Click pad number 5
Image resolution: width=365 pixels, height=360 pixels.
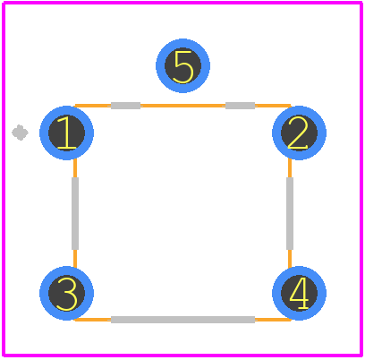click(x=182, y=65)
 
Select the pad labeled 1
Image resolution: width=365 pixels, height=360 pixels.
click(x=66, y=133)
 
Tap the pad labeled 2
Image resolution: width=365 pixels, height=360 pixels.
click(x=299, y=133)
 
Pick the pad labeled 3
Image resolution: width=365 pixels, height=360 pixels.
click(x=66, y=293)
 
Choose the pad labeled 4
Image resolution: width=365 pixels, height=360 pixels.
click(x=299, y=293)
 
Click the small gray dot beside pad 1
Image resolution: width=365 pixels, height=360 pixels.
click(x=20, y=133)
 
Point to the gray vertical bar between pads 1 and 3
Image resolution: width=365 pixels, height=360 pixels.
click(x=75, y=213)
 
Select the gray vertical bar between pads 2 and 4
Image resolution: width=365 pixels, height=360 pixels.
click(x=290, y=213)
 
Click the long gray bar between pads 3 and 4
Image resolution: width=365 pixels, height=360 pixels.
click(x=182, y=320)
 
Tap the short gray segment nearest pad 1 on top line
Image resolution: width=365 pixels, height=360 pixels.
click(x=125, y=106)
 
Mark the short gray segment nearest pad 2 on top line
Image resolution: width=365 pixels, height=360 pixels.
click(x=240, y=106)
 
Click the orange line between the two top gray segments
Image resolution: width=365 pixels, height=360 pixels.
click(x=182, y=106)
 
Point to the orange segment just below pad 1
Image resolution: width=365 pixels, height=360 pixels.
click(x=75, y=168)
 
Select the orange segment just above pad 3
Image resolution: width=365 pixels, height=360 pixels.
click(x=75, y=258)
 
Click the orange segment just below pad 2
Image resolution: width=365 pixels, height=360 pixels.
click(x=290, y=168)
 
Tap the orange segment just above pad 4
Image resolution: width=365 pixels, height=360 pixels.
click(x=290, y=258)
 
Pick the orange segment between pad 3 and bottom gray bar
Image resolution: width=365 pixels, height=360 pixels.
click(x=93, y=320)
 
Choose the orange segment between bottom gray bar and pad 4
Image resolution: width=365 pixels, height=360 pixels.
click(x=273, y=320)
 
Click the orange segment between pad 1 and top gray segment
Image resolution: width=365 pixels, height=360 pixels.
click(x=93, y=106)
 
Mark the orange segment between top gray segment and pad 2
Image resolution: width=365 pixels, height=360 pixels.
click(x=273, y=106)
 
